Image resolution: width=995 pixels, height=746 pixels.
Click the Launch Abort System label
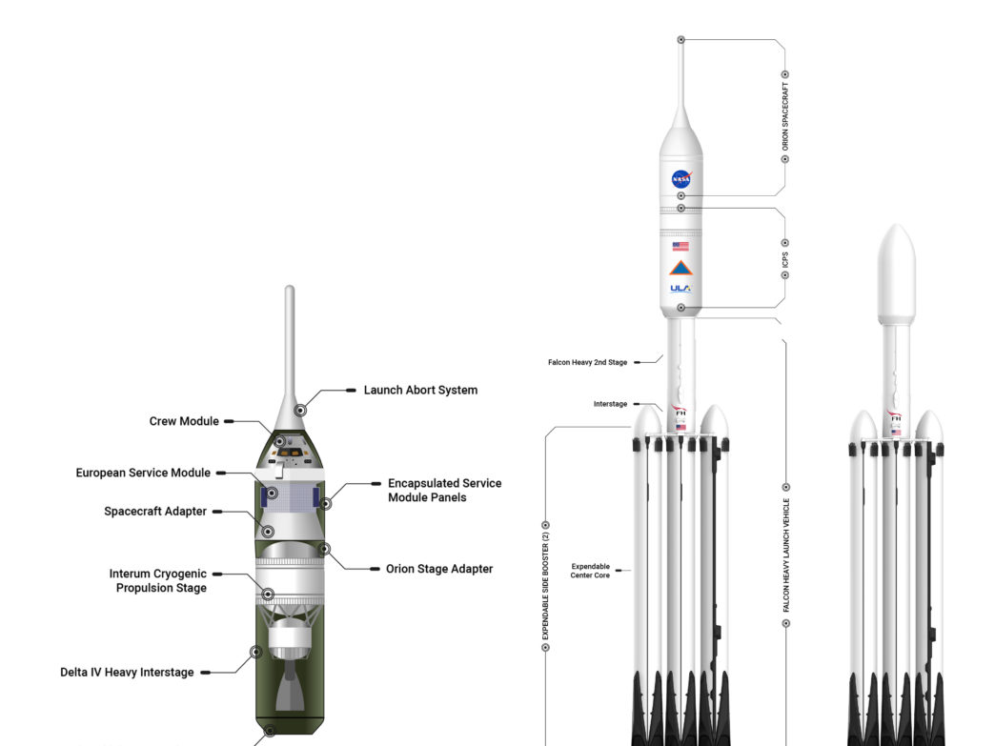[x=420, y=390]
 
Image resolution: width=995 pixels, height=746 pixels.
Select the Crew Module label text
[x=184, y=421]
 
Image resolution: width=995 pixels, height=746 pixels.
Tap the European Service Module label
[x=143, y=473]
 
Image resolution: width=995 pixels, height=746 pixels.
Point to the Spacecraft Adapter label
[x=154, y=512]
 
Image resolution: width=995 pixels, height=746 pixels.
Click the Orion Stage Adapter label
[x=439, y=569]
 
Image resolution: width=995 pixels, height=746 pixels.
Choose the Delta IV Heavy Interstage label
[x=127, y=673]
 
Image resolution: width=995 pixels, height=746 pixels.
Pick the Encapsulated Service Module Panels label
[x=445, y=491]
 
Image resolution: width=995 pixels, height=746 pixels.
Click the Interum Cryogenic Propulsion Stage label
[x=158, y=580]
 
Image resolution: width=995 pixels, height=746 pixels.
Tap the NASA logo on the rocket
[x=680, y=179]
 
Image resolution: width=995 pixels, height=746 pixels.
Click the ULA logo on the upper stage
[x=680, y=289]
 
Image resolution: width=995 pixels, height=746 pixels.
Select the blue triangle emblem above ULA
[x=680, y=268]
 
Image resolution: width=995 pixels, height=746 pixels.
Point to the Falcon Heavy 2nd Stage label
[x=588, y=362]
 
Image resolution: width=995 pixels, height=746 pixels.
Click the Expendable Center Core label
[x=590, y=571]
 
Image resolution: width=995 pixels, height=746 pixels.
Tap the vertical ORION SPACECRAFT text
[x=785, y=117]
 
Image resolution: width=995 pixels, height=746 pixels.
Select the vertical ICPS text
[x=785, y=259]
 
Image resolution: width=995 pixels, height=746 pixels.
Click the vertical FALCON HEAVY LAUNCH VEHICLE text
[x=786, y=555]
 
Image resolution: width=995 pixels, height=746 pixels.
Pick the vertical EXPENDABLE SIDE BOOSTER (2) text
[x=545, y=586]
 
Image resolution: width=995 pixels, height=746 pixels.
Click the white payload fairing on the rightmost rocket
[x=896, y=274]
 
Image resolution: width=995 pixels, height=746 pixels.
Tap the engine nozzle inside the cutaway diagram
[x=290, y=687]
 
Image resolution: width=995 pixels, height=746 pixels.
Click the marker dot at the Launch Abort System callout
[x=301, y=411]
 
